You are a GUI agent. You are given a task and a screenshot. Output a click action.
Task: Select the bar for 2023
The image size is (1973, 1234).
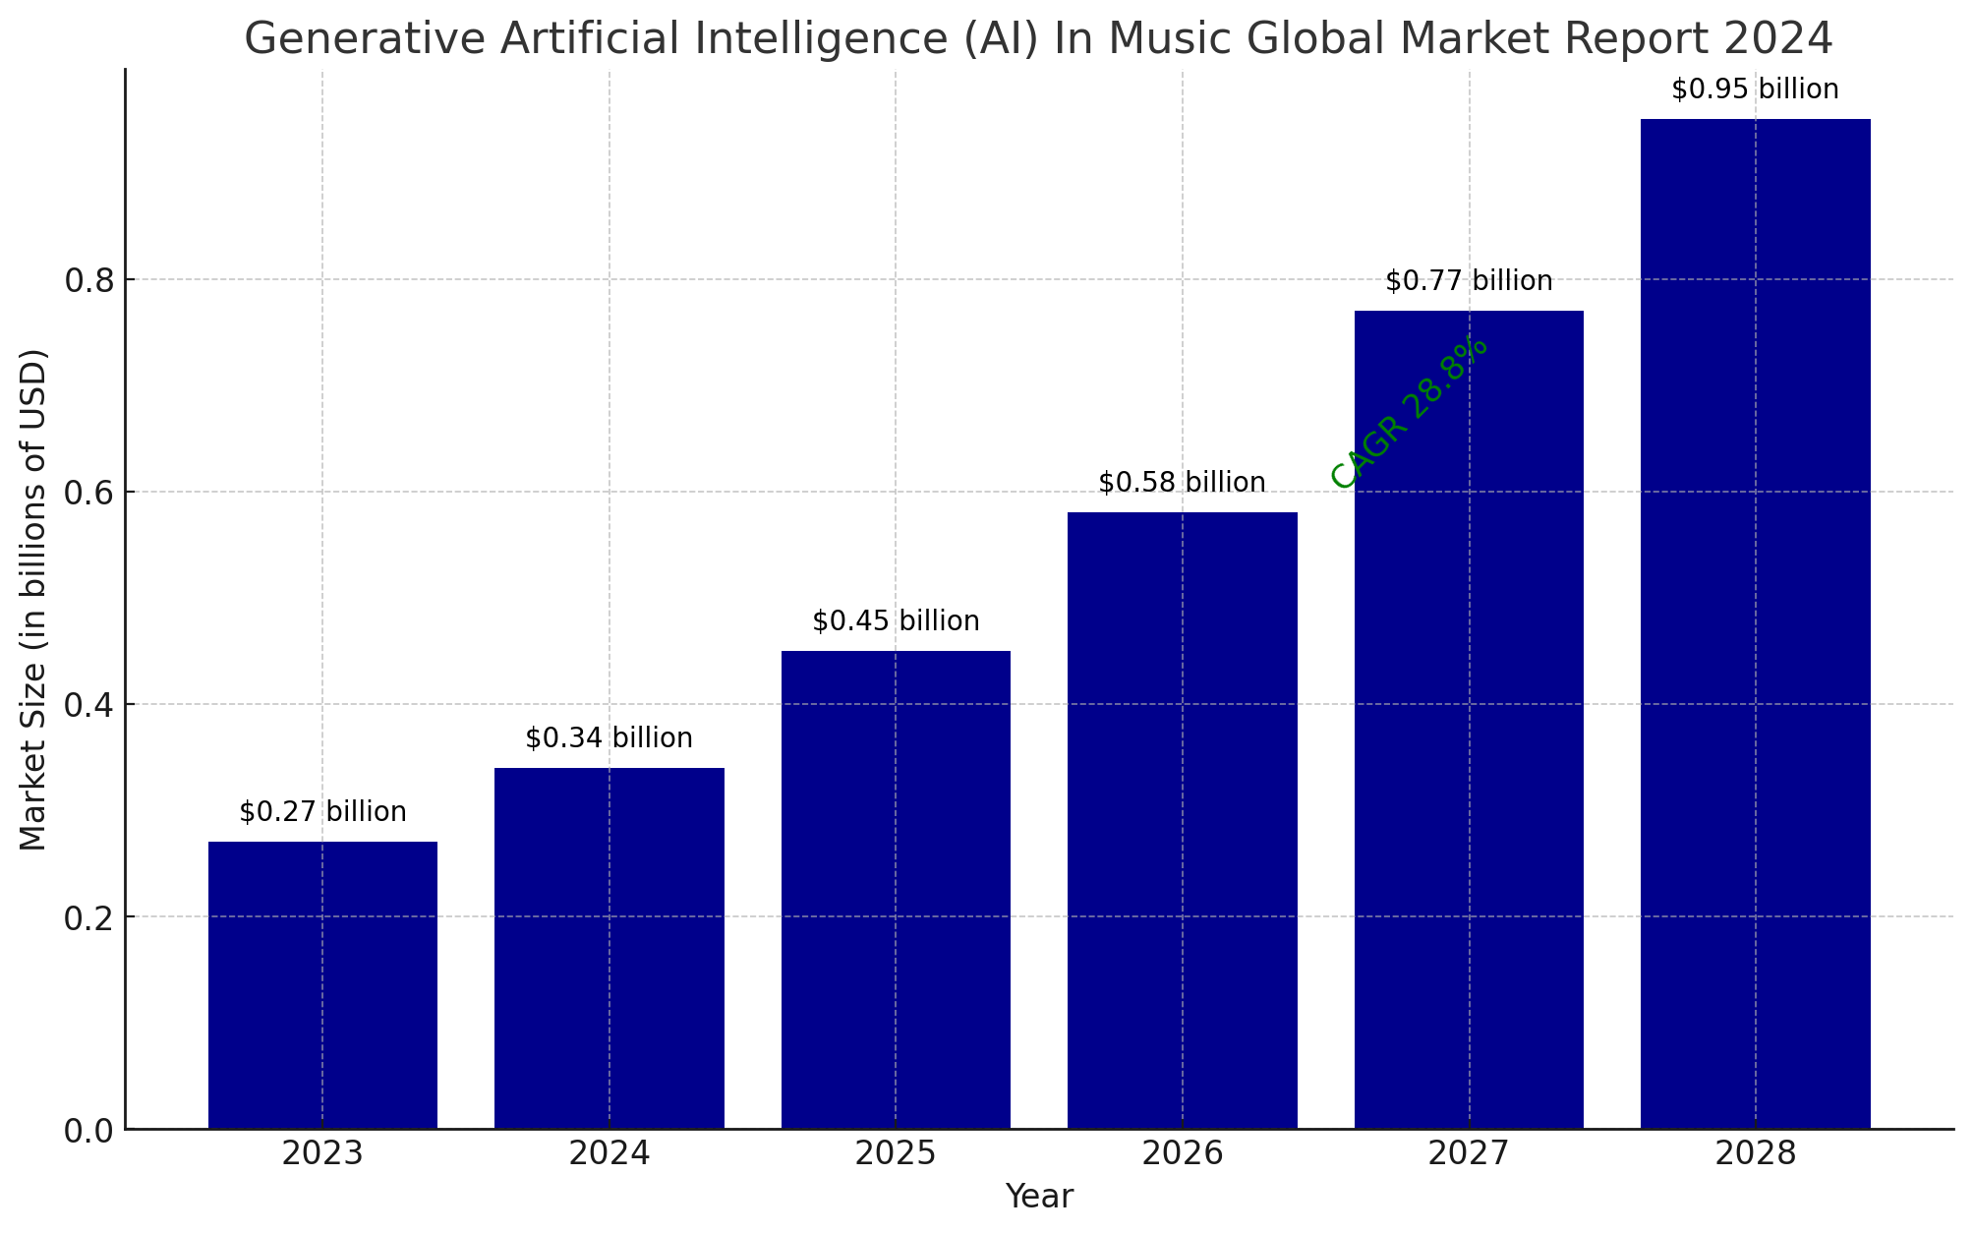point(322,984)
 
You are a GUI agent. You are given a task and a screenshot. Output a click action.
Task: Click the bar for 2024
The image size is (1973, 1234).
point(609,948)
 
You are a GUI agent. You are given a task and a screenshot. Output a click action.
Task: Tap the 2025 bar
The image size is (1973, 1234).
point(896,889)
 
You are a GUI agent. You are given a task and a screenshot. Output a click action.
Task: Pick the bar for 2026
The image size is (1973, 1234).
point(1183,820)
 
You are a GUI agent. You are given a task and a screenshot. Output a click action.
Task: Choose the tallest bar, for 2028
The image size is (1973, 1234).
point(1756,623)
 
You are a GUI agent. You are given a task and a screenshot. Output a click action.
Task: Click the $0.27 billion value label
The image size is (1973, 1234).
point(322,812)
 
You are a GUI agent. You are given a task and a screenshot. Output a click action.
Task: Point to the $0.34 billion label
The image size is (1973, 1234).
point(609,738)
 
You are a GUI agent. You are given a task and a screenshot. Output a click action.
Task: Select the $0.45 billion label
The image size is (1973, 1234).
point(896,621)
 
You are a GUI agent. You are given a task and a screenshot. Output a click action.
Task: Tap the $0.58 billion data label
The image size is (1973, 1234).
point(1183,483)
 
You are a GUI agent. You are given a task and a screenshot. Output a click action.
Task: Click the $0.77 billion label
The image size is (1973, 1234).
point(1469,281)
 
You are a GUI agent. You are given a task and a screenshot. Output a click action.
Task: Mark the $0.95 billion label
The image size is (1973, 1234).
point(1756,89)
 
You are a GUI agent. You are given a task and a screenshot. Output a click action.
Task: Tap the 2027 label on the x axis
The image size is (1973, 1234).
point(1469,1153)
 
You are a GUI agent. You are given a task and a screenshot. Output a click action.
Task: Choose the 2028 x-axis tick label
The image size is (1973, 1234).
point(1756,1153)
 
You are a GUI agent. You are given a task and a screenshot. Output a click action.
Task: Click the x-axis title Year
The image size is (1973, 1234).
point(1039,1197)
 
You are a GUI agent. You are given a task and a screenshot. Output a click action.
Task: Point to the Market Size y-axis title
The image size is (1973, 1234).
point(33,600)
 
